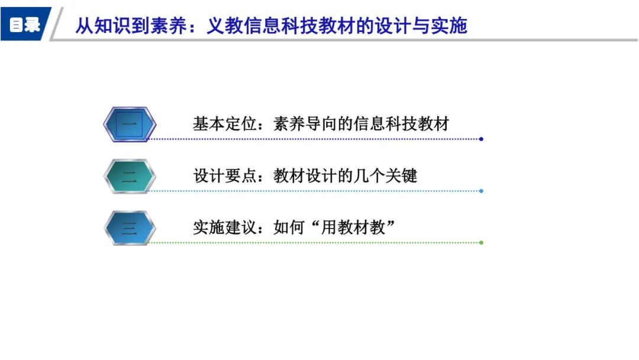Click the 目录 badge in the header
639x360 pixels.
(25, 25)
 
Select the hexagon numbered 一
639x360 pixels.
(130, 124)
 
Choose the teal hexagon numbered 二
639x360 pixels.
(130, 176)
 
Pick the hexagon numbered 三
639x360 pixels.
(130, 227)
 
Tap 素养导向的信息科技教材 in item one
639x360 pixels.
(362, 124)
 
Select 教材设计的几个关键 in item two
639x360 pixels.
(346, 176)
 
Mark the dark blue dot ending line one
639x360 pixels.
(481, 139)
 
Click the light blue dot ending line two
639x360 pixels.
(481, 191)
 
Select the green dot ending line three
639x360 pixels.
(481, 243)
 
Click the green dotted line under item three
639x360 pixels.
(314, 243)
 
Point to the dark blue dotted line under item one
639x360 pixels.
(314, 139)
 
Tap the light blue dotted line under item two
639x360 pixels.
(314, 191)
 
